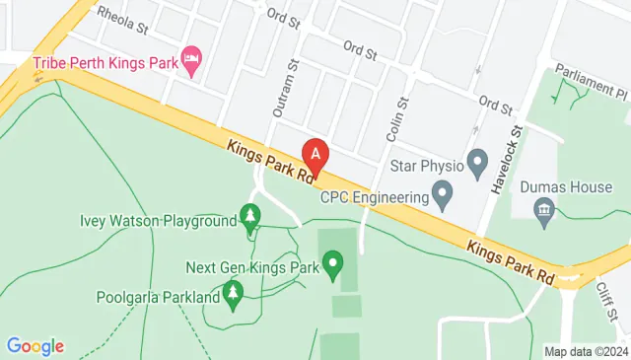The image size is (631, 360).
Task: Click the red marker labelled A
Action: (x=315, y=153)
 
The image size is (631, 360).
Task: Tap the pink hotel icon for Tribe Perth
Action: (x=192, y=60)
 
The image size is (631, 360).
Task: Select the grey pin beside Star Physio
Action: (x=478, y=161)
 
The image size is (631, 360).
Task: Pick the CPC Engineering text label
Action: (x=375, y=195)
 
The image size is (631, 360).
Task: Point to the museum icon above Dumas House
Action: (x=542, y=209)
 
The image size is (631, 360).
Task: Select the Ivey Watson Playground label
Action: (x=158, y=220)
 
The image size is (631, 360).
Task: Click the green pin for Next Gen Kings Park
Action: (x=333, y=264)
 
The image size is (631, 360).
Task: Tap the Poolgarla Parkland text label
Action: (x=158, y=296)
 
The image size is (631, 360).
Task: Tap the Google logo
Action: (x=35, y=346)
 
